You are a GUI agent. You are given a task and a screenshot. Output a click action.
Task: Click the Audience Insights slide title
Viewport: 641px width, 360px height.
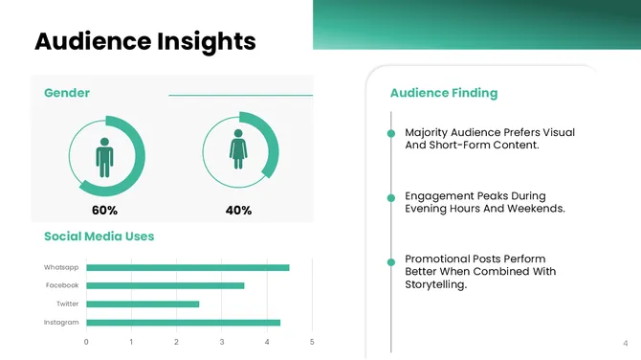pos(144,41)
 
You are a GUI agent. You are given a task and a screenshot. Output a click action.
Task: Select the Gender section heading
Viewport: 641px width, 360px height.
pos(67,93)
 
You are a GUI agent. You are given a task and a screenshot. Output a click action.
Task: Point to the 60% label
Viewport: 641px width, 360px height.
pos(104,210)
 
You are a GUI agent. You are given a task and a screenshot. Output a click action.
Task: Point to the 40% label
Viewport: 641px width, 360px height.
pos(238,210)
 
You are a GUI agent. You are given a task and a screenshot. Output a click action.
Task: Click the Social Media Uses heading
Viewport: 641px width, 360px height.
pos(99,236)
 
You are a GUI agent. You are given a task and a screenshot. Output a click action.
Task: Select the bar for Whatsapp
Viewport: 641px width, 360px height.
pos(188,267)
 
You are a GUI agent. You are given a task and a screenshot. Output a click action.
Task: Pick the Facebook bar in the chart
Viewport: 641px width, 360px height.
pos(165,285)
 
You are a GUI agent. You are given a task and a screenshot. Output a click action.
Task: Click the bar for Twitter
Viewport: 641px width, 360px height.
pos(143,304)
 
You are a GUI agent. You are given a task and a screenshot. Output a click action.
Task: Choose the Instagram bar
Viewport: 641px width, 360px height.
pos(183,322)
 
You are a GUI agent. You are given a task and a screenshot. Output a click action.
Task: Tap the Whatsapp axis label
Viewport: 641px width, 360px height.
pos(61,267)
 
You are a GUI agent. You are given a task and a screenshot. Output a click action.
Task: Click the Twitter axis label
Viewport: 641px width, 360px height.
pos(67,304)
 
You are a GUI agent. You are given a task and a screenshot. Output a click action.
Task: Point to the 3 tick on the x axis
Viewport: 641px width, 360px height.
pos(221,342)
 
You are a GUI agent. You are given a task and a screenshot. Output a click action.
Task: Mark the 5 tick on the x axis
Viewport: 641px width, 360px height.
pos(311,342)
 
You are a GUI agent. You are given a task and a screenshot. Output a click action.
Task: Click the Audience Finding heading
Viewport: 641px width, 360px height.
pos(444,93)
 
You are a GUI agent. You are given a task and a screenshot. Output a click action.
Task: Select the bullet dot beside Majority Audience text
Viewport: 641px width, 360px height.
pos(391,132)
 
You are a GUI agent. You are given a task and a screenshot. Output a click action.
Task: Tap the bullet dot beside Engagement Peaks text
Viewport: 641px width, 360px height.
pos(391,197)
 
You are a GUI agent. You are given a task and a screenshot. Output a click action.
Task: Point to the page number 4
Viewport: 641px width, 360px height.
pos(625,342)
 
